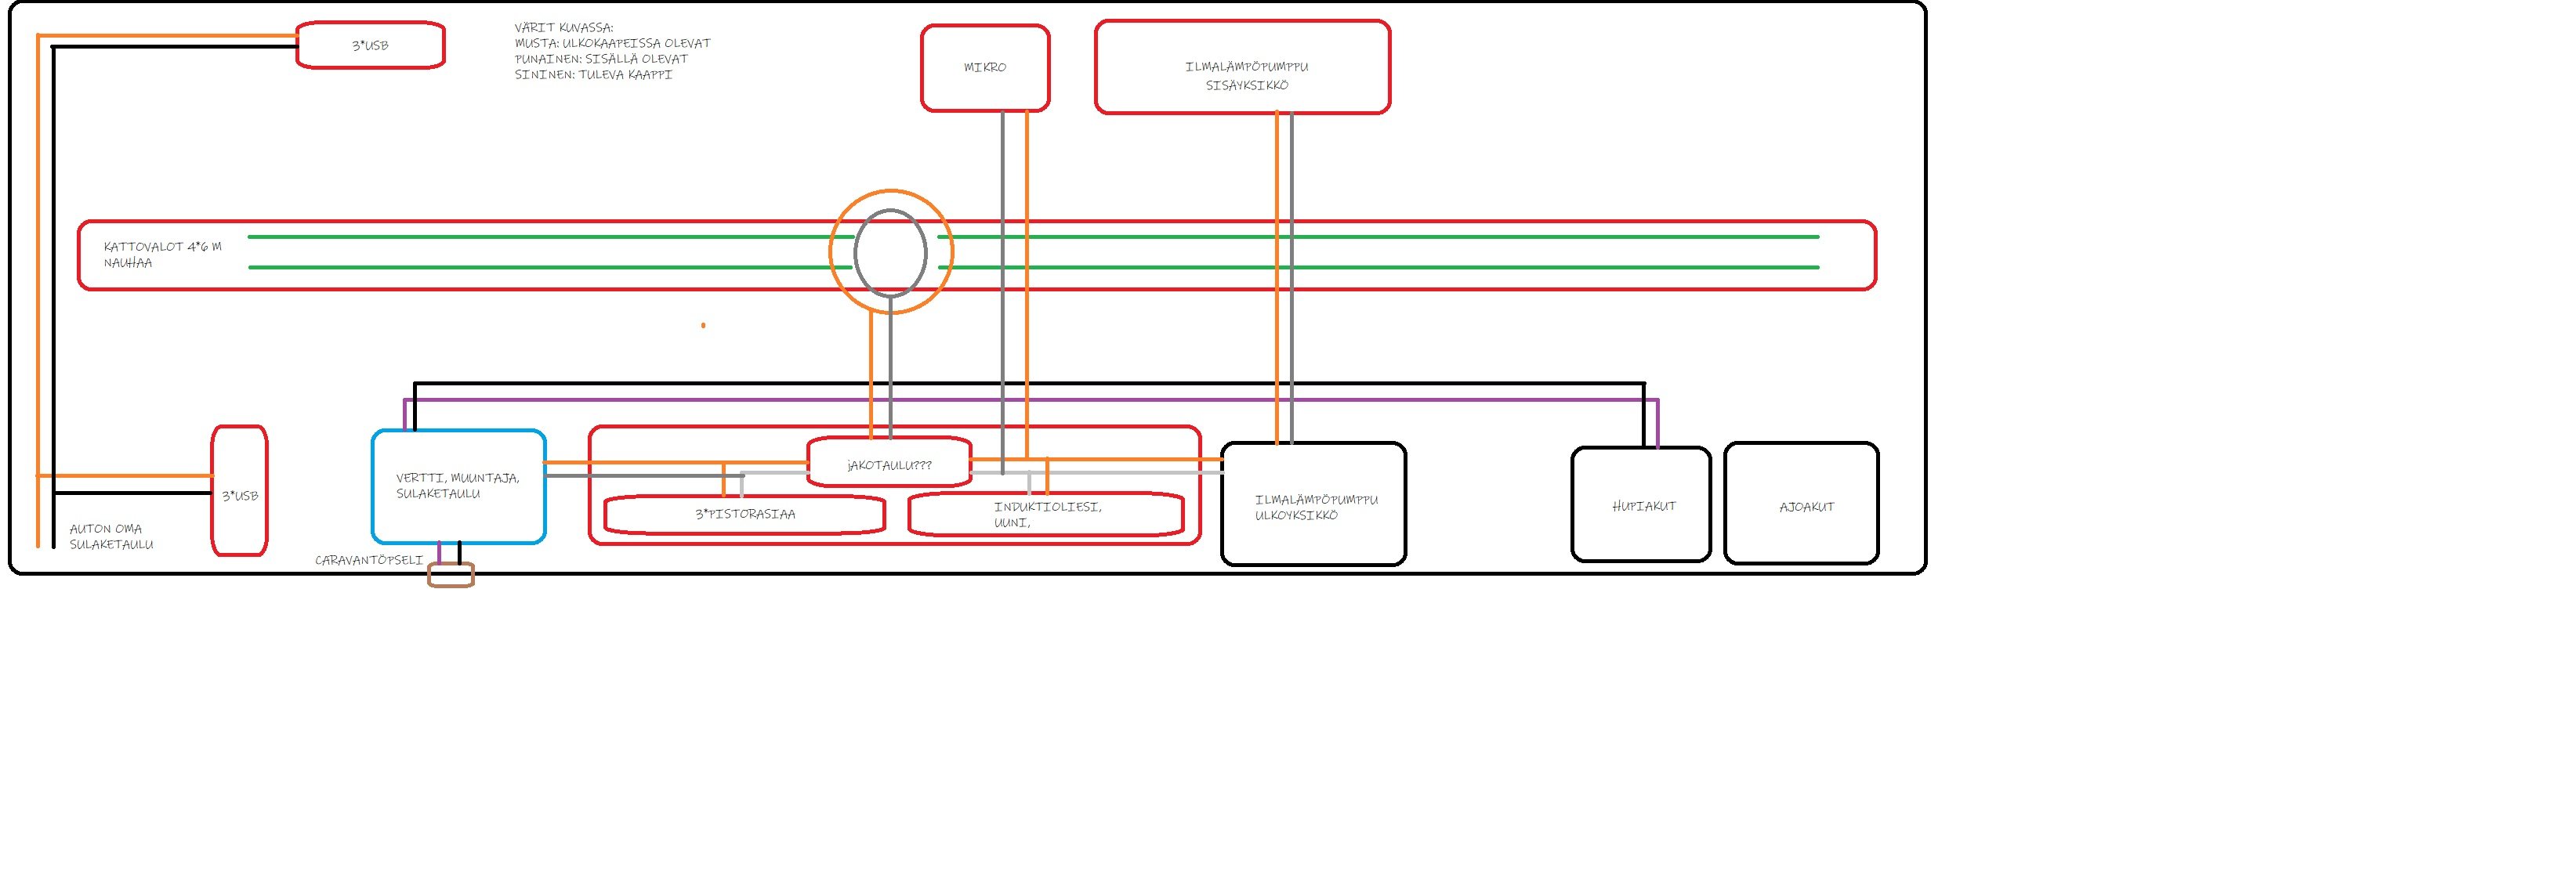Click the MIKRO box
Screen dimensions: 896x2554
(x=984, y=67)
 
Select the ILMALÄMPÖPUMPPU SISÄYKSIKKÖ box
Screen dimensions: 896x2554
(x=1242, y=67)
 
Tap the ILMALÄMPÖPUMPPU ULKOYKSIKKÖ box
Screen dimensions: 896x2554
(x=1313, y=505)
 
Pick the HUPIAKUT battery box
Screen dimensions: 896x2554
(x=1642, y=505)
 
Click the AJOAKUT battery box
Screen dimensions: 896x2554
(x=1802, y=505)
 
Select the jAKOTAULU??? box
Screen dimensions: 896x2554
(x=889, y=464)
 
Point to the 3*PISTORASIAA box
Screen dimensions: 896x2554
(x=744, y=515)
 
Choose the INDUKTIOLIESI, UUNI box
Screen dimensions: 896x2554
(x=1046, y=514)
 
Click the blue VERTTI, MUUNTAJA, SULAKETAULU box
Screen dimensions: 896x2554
(x=458, y=486)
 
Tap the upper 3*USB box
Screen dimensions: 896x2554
(x=370, y=45)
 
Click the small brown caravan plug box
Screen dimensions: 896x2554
(x=451, y=575)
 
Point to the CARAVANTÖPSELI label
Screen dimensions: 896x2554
(x=369, y=560)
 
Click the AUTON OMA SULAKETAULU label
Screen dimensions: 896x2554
(x=111, y=537)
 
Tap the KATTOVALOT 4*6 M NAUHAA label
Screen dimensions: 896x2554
(x=162, y=255)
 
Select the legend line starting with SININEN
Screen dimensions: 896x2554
(x=593, y=74)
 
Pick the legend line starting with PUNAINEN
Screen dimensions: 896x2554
(x=601, y=59)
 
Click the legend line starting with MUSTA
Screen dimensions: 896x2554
(x=612, y=42)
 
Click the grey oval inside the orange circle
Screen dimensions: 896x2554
(x=890, y=253)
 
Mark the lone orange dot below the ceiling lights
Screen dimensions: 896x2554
(x=703, y=325)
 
